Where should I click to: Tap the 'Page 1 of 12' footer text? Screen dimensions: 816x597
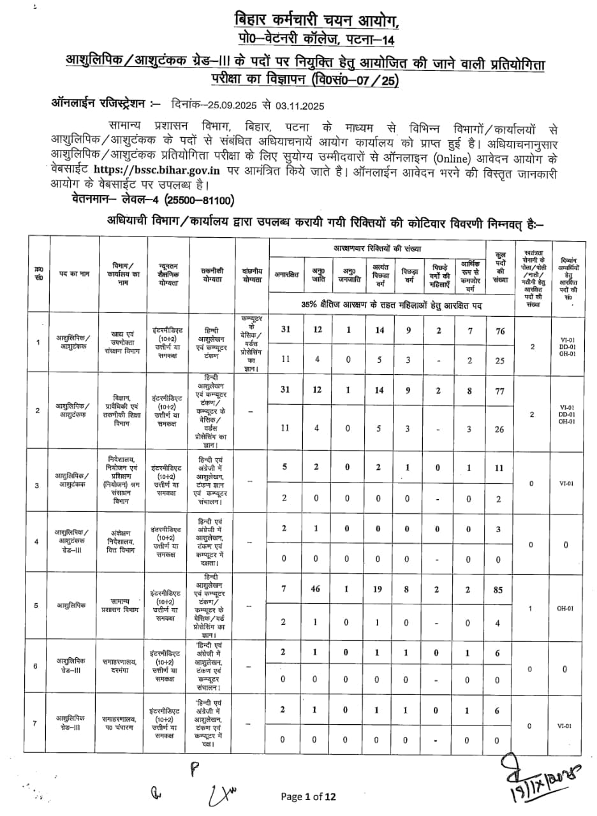coord(308,796)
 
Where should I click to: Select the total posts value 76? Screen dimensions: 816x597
coord(499,330)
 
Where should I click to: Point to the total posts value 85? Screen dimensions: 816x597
coord(499,590)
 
